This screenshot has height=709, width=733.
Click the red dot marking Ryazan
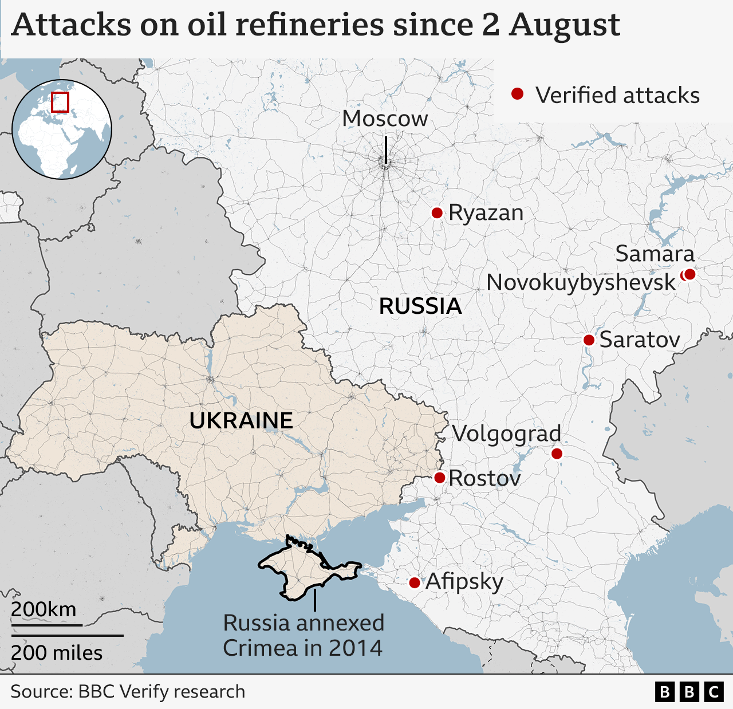click(x=437, y=213)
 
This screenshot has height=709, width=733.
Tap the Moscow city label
click(x=385, y=119)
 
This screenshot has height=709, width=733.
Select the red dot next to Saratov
click(x=589, y=340)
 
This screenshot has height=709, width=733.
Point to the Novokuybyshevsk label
click(x=581, y=283)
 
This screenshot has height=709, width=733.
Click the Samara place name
click(x=655, y=254)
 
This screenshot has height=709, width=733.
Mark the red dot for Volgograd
click(x=557, y=454)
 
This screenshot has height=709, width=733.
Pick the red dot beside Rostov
click(x=440, y=478)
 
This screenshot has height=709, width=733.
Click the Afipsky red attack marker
click(x=415, y=583)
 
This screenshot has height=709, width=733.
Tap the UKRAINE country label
click(x=241, y=421)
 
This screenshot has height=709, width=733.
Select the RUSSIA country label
click(x=420, y=306)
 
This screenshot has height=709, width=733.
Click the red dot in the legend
click(x=518, y=94)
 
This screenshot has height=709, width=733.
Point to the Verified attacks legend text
click(x=617, y=96)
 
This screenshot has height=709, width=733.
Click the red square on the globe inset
click(x=60, y=103)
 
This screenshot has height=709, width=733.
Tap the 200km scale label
click(x=44, y=609)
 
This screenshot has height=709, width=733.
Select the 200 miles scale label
click(x=57, y=653)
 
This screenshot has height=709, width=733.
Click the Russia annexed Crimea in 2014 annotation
click(x=303, y=636)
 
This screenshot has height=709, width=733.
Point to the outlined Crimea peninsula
click(x=304, y=567)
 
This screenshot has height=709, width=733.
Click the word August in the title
click(x=565, y=25)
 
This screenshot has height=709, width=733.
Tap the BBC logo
click(x=689, y=692)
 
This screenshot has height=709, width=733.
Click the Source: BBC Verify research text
click(x=128, y=692)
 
